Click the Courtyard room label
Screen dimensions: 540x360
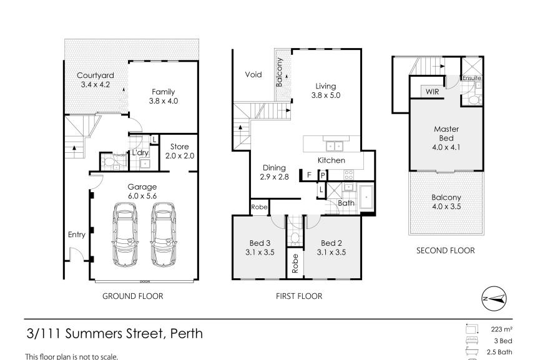(x=96, y=75)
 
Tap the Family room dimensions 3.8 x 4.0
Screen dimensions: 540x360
(x=164, y=101)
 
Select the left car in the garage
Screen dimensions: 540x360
(x=125, y=235)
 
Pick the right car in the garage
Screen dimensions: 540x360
(x=163, y=235)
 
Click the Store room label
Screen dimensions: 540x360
(x=179, y=147)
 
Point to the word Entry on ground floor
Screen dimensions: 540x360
(x=76, y=235)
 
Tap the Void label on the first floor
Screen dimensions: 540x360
(x=253, y=75)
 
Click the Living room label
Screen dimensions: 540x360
(x=326, y=86)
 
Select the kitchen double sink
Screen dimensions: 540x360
(x=335, y=146)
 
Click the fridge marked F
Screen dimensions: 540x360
(x=309, y=175)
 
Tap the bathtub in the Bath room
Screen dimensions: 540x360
(x=366, y=197)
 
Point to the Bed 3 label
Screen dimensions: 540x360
(x=260, y=243)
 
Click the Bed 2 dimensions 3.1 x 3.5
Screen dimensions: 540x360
(x=331, y=252)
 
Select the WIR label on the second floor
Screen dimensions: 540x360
(x=432, y=92)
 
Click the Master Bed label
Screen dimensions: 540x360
(x=446, y=134)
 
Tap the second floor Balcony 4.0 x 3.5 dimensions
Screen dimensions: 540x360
(x=446, y=207)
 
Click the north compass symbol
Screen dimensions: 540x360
(x=494, y=298)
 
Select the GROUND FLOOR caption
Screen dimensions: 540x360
(x=133, y=296)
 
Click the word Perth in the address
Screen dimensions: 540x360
(x=187, y=334)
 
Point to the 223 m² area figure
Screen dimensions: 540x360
(x=502, y=329)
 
